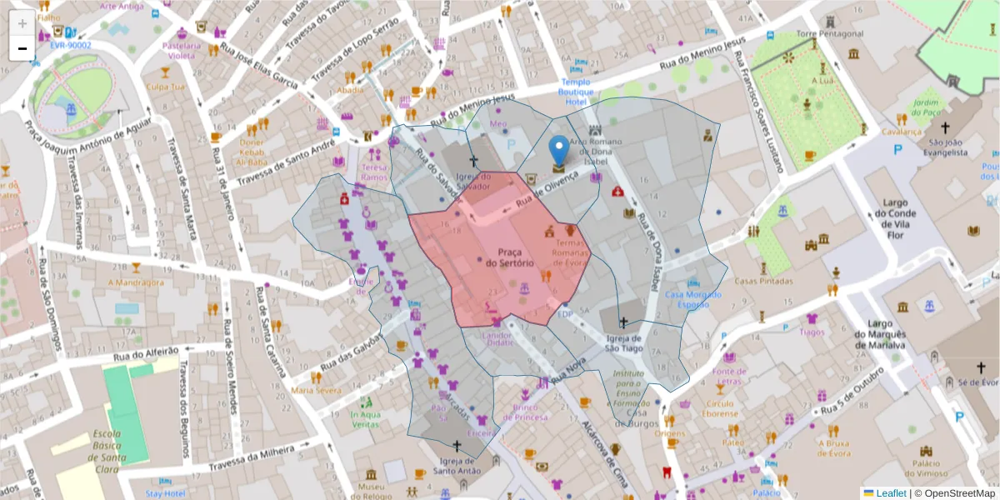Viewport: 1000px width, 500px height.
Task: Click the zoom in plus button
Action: point(22,22)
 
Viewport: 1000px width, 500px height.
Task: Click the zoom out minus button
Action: point(22,48)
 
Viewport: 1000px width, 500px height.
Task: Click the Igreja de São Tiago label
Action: point(623,343)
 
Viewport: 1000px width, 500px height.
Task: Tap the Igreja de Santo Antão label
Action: point(457,467)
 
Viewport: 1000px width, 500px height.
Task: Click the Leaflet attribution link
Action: point(891,493)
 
